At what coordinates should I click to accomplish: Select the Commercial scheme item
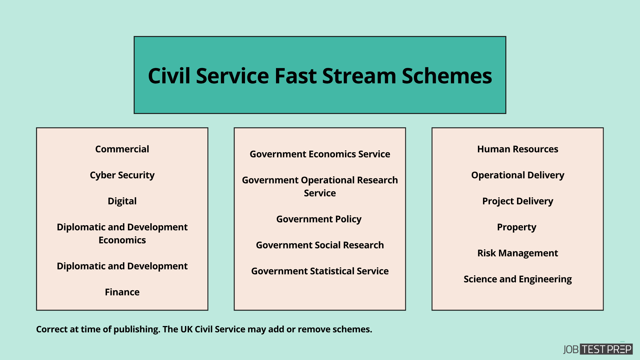(x=122, y=149)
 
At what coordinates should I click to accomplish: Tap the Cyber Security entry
(x=122, y=175)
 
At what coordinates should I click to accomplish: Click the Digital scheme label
(x=122, y=201)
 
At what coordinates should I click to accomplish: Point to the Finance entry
(x=122, y=292)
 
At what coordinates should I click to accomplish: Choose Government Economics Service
(x=320, y=154)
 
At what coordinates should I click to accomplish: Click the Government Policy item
(x=319, y=219)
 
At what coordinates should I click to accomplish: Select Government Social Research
(x=320, y=245)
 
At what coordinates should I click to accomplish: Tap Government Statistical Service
(x=320, y=271)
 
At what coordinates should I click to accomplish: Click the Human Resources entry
(x=517, y=149)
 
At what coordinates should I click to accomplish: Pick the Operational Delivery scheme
(x=517, y=175)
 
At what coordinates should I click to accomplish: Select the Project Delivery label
(x=517, y=201)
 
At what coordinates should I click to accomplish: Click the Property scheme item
(x=516, y=227)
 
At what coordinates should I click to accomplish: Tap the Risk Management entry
(x=517, y=253)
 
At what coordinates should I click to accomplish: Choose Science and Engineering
(x=517, y=279)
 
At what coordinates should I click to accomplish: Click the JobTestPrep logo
(x=597, y=349)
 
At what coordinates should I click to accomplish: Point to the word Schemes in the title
(x=447, y=76)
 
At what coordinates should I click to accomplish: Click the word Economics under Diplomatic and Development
(x=122, y=240)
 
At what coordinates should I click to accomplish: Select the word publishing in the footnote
(x=137, y=329)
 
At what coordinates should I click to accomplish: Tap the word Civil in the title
(x=169, y=76)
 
